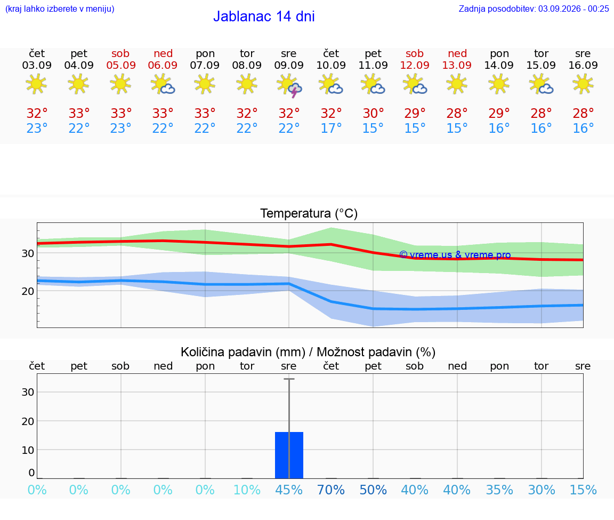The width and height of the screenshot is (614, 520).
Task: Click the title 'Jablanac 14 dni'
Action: pyautogui.click(x=264, y=17)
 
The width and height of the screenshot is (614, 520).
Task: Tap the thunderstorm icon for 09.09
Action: pyautogui.click(x=289, y=86)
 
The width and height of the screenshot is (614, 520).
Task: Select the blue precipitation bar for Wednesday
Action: pyautogui.click(x=289, y=455)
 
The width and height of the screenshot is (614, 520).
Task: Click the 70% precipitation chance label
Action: pyautogui.click(x=331, y=490)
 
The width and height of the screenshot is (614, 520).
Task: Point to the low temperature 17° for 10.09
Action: pyautogui.click(x=331, y=128)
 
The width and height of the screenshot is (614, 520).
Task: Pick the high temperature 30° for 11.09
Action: pyautogui.click(x=373, y=113)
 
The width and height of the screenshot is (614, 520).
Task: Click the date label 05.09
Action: pyautogui.click(x=121, y=65)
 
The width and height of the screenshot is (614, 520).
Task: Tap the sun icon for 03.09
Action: pyautogui.click(x=36, y=84)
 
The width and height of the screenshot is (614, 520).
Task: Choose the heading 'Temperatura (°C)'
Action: pyautogui.click(x=309, y=213)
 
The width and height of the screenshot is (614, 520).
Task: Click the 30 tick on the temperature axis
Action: pyautogui.click(x=28, y=253)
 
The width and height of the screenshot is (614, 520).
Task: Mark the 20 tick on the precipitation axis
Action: pyautogui.click(x=28, y=421)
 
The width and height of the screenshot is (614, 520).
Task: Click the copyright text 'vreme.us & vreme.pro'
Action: pyautogui.click(x=455, y=255)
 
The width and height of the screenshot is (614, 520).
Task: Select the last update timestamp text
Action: pyautogui.click(x=534, y=9)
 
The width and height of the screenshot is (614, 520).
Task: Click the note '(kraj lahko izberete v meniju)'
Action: pyautogui.click(x=60, y=9)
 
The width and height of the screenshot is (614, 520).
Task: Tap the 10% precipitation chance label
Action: pyautogui.click(x=247, y=490)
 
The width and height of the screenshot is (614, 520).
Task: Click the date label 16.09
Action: pyautogui.click(x=583, y=65)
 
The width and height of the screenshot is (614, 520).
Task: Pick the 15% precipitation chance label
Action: pyautogui.click(x=583, y=490)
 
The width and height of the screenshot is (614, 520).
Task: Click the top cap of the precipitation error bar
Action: pyautogui.click(x=289, y=379)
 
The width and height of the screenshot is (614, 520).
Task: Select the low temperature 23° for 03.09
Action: pyautogui.click(x=37, y=128)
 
